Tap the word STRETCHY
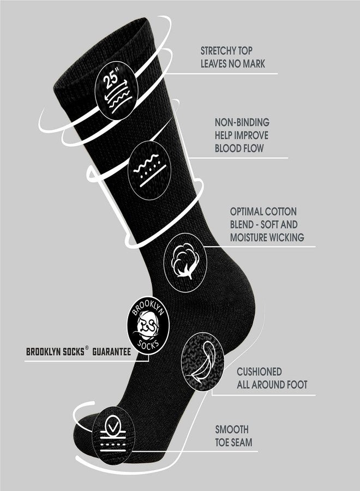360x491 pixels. tap(218, 51)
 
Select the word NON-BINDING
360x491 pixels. tap(242, 122)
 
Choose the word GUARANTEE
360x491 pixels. tap(111, 352)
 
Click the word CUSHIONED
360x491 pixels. tap(259, 372)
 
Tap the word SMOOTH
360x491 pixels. tap(232, 429)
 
